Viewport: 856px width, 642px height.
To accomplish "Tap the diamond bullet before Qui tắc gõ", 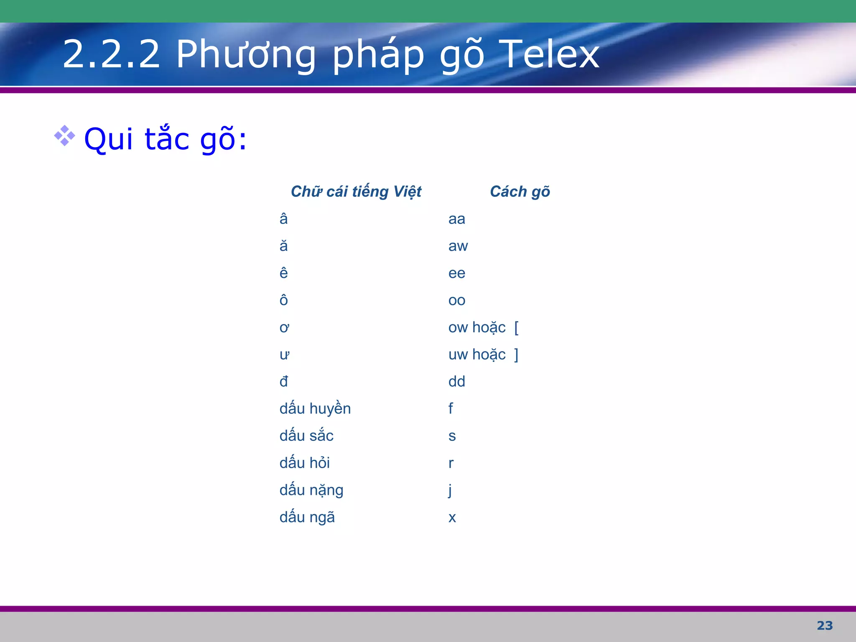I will pyautogui.click(x=64, y=136).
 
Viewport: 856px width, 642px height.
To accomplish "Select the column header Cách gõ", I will pyautogui.click(x=520, y=191).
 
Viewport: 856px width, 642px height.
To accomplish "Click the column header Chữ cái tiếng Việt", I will pyautogui.click(x=356, y=191).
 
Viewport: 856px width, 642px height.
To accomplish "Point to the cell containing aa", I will pyautogui.click(x=456, y=219).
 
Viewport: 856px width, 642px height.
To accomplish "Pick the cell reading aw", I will pyautogui.click(x=458, y=246).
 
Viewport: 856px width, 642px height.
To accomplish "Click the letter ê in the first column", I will pyautogui.click(x=283, y=273).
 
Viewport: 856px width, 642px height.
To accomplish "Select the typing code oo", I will pyautogui.click(x=456, y=301).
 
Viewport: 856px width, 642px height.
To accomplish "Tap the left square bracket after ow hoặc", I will pyautogui.click(x=517, y=328).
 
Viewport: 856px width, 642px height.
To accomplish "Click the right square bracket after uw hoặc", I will pyautogui.click(x=517, y=355).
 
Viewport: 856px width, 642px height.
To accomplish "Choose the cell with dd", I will pyautogui.click(x=456, y=382).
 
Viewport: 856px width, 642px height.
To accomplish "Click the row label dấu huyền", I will pyautogui.click(x=315, y=409).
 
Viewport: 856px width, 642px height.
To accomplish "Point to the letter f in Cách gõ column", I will pyautogui.click(x=451, y=408).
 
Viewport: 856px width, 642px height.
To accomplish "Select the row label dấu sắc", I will pyautogui.click(x=306, y=436).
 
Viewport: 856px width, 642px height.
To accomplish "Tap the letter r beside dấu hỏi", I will pyautogui.click(x=451, y=463).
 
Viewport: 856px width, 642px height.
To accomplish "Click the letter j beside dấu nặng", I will pyautogui.click(x=450, y=490).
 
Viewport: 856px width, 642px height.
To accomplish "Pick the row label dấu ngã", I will pyautogui.click(x=307, y=517).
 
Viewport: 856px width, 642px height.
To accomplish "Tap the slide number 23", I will pyautogui.click(x=825, y=626).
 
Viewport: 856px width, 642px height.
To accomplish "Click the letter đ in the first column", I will pyautogui.click(x=283, y=382).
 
